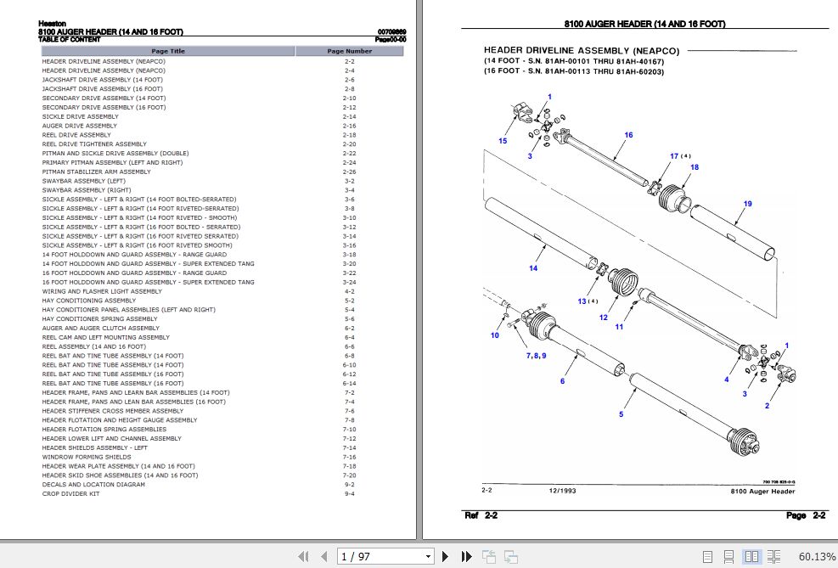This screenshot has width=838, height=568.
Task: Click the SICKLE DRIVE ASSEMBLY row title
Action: pyautogui.click(x=81, y=116)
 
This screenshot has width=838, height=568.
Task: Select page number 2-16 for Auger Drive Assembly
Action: pyautogui.click(x=349, y=126)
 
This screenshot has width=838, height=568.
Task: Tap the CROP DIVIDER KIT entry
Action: pyautogui.click(x=71, y=493)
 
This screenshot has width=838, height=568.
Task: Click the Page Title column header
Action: pyautogui.click(x=168, y=51)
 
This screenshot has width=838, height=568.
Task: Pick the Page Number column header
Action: pyautogui.click(x=349, y=51)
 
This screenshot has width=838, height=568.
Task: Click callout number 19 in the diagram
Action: pyautogui.click(x=747, y=204)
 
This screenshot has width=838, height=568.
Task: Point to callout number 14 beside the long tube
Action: pyautogui.click(x=533, y=268)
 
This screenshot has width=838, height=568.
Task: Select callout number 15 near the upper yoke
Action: pyautogui.click(x=503, y=141)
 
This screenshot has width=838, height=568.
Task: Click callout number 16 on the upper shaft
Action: pyautogui.click(x=628, y=135)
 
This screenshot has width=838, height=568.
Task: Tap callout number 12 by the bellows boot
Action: pyautogui.click(x=603, y=318)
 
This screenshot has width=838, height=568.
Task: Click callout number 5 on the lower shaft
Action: pyautogui.click(x=621, y=414)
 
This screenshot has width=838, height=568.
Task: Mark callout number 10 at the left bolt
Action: pyautogui.click(x=494, y=335)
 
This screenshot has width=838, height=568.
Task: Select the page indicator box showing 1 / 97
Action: pyautogui.click(x=387, y=556)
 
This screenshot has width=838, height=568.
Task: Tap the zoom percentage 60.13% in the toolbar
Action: pyautogui.click(x=816, y=556)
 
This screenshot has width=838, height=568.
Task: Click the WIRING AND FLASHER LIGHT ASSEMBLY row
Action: pyautogui.click(x=102, y=291)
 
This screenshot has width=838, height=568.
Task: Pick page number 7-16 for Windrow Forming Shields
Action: pyautogui.click(x=349, y=457)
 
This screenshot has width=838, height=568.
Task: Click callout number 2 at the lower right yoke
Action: pyautogui.click(x=767, y=406)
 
